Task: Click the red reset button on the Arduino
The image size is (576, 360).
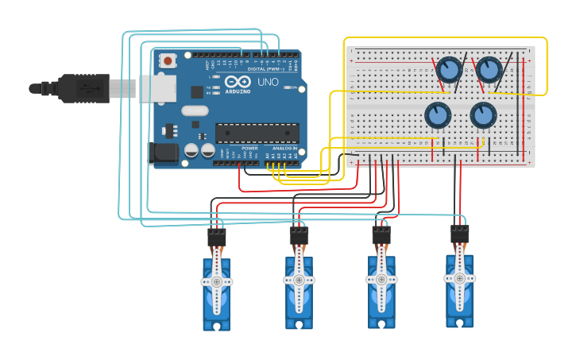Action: tap(168, 60)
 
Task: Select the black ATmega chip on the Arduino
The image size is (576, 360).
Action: tap(257, 134)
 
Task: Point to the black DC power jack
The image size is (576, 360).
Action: tap(164, 153)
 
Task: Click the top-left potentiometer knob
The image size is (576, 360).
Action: tap(449, 70)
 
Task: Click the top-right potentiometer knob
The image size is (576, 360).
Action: tap(489, 70)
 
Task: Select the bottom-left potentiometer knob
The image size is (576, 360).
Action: tap(437, 115)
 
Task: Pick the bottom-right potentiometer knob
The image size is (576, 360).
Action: tap(483, 115)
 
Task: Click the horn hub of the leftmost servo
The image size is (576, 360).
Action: tap(216, 281)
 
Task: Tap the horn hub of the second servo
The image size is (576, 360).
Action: tap(299, 280)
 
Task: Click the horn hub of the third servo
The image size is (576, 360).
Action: tap(381, 279)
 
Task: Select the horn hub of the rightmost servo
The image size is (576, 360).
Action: tap(459, 278)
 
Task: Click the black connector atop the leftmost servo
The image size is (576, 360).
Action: tap(216, 237)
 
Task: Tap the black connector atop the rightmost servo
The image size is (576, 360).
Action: tap(459, 234)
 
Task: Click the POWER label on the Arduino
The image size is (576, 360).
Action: tap(249, 149)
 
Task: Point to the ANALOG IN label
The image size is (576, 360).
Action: tap(284, 149)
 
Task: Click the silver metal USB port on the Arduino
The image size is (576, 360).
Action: tap(157, 88)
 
